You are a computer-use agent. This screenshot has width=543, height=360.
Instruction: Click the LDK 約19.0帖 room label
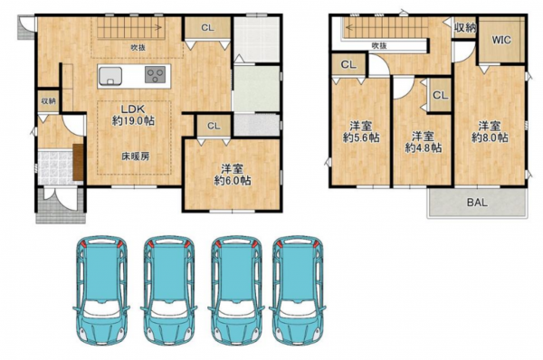point(133,115)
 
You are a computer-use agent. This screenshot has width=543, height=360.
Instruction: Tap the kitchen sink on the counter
point(110,76)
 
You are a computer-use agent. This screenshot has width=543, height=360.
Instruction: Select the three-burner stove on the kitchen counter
point(155,75)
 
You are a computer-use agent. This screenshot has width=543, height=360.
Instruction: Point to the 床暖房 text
point(136,156)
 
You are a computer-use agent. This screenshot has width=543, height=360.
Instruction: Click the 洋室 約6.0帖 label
point(233,175)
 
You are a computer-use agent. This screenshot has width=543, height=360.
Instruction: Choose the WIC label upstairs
point(501,40)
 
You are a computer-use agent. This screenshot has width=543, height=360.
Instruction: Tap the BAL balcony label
point(477,203)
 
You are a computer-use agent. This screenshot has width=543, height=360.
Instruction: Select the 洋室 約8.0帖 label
point(490,132)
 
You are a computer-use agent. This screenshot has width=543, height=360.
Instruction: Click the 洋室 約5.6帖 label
point(361,132)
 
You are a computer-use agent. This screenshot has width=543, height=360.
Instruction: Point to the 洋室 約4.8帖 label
point(424,142)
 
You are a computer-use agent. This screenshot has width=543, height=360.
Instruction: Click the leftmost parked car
point(101,290)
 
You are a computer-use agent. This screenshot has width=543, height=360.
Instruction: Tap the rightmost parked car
point(298,290)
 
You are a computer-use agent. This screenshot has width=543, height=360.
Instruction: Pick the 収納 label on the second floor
point(465,28)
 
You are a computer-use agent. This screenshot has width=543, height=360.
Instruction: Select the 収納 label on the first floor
point(49,101)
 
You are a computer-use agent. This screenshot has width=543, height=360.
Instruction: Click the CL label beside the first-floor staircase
point(207,28)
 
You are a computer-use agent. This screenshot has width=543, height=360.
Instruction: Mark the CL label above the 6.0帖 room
point(214,126)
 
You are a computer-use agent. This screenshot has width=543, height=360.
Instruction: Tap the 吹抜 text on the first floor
point(138,47)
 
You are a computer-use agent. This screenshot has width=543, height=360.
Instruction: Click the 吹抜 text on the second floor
point(379,45)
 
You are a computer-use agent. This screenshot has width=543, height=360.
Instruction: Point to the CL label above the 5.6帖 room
point(348,65)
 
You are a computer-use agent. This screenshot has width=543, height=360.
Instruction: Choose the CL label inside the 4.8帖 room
point(441,95)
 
